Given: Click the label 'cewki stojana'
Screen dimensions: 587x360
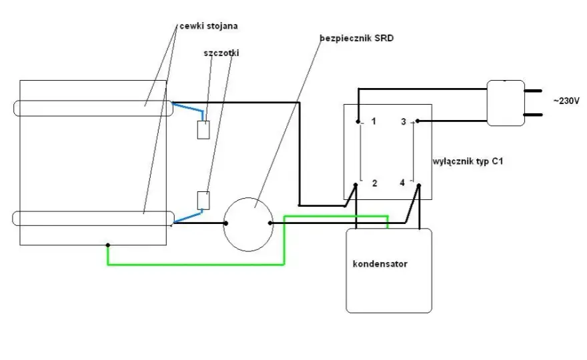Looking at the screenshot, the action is [209, 26].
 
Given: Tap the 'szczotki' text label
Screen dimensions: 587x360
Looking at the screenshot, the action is [221, 53].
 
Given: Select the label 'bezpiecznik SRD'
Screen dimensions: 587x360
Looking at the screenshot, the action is [356, 38].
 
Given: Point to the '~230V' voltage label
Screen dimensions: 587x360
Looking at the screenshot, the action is [566, 101].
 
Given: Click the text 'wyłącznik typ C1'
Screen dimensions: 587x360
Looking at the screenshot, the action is [468, 161].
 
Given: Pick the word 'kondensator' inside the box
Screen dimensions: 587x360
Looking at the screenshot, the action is [380, 264].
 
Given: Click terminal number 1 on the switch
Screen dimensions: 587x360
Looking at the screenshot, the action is [374, 121].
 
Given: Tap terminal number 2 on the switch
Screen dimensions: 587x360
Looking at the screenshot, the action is [374, 183].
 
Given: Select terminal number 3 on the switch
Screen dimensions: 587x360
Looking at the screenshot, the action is [403, 121].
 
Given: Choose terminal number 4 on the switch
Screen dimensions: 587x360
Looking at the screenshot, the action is [402, 183].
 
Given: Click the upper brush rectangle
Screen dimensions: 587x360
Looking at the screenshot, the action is [203, 130].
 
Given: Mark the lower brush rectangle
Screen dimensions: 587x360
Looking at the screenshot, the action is [203, 201].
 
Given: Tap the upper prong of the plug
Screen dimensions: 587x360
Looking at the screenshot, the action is [533, 91].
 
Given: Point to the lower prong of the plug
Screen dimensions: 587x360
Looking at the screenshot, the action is [533, 115].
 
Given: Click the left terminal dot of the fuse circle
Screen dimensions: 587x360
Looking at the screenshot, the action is [225, 223].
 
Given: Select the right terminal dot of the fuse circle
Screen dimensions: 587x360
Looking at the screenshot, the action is [270, 223].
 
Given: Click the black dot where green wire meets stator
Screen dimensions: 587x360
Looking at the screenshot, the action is [108, 245].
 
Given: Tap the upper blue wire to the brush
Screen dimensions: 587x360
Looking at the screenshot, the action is [188, 107].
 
